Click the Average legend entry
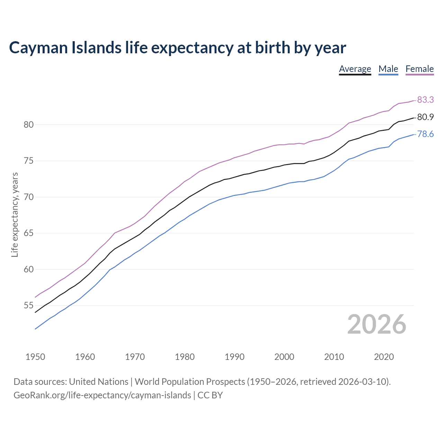pos(355,69)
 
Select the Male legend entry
pos(388,69)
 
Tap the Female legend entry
pos(419,69)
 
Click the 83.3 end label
pos(425,100)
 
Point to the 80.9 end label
pos(425,117)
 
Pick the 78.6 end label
pos(425,134)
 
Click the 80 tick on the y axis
pos(28,125)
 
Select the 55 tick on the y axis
pos(28,306)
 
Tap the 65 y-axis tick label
pos(28,233)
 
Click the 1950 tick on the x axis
pos(35,357)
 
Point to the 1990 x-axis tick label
pos(234,357)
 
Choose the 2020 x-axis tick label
pos(384,357)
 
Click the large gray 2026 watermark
pos(377,324)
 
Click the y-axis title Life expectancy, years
pos(15,215)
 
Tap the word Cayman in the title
pos(38,48)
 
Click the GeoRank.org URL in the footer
pos(102,395)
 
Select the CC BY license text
pos(210,395)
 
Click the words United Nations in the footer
pos(99,382)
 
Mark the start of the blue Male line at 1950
pos(35,329)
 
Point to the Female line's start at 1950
pos(35,297)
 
